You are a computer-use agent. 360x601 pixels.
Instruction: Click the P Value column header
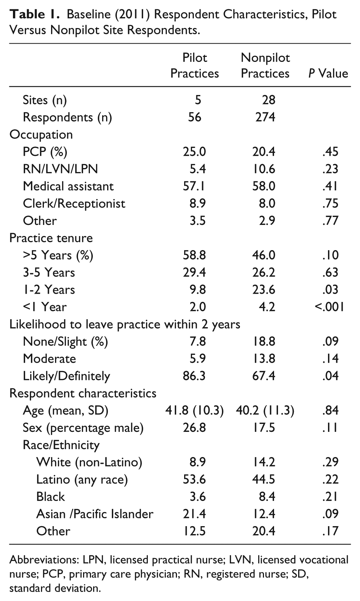click(328, 73)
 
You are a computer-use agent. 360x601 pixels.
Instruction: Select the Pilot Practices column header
click(195, 65)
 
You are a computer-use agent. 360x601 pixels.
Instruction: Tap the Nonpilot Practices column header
click(265, 65)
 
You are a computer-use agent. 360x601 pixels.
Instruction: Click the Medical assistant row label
click(68, 186)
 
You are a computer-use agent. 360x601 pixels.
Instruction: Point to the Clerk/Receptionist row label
click(74, 204)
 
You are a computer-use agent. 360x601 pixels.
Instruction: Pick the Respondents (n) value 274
click(265, 117)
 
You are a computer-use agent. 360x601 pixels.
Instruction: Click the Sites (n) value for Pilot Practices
click(198, 100)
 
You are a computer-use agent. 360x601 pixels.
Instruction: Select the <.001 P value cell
click(329, 307)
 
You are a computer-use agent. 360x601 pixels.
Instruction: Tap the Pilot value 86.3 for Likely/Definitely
click(194, 376)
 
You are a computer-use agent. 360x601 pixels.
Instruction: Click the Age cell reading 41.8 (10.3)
click(194, 411)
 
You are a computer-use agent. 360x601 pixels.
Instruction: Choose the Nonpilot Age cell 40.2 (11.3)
click(265, 411)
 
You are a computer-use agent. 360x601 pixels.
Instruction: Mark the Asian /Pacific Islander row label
click(95, 514)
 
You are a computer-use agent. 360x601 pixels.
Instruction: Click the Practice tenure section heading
click(51, 238)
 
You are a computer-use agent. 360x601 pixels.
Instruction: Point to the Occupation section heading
click(41, 135)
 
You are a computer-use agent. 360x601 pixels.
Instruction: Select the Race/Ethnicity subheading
click(61, 445)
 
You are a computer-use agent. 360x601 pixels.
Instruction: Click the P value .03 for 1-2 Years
click(331, 290)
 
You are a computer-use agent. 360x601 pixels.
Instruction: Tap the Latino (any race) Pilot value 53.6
click(194, 479)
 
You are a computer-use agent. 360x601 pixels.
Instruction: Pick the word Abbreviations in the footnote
click(44, 560)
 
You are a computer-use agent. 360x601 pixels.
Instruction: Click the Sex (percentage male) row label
click(83, 428)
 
